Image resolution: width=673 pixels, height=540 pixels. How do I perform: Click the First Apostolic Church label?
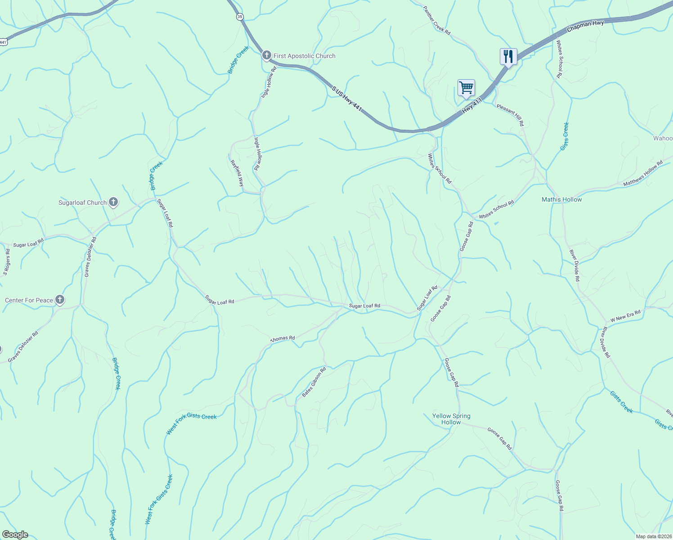(x=304, y=56)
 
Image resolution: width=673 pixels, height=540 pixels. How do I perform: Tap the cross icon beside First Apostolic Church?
(x=266, y=55)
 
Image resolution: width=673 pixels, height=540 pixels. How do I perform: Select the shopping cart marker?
(x=466, y=87)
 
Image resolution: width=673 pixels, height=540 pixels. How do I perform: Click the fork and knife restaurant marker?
(x=508, y=56)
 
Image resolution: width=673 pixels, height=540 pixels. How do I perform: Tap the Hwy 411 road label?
(x=472, y=106)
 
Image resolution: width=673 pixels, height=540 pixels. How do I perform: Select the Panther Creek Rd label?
(x=436, y=20)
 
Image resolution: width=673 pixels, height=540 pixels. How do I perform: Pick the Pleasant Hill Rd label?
(x=511, y=115)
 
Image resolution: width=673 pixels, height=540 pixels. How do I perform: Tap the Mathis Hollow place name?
(x=561, y=199)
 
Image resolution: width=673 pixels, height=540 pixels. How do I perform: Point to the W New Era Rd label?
(x=625, y=315)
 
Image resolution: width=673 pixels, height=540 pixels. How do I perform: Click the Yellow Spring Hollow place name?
(x=451, y=419)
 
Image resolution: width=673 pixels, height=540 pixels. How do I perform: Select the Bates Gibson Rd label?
(x=314, y=382)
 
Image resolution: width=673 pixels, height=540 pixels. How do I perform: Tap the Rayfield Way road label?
(x=237, y=173)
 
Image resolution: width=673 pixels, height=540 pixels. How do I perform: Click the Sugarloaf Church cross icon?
(x=113, y=202)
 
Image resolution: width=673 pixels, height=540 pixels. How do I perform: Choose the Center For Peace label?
(x=29, y=300)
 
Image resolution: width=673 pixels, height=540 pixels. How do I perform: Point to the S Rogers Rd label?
(x=7, y=262)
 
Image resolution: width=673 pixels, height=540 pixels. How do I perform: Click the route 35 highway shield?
(x=239, y=17)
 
